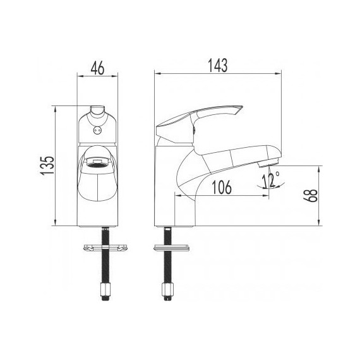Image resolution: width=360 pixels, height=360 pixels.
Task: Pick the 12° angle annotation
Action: coord(272,181)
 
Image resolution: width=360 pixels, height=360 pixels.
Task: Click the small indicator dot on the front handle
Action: coord(97,131)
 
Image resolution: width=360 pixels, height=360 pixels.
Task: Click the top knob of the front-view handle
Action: coord(98,112)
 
